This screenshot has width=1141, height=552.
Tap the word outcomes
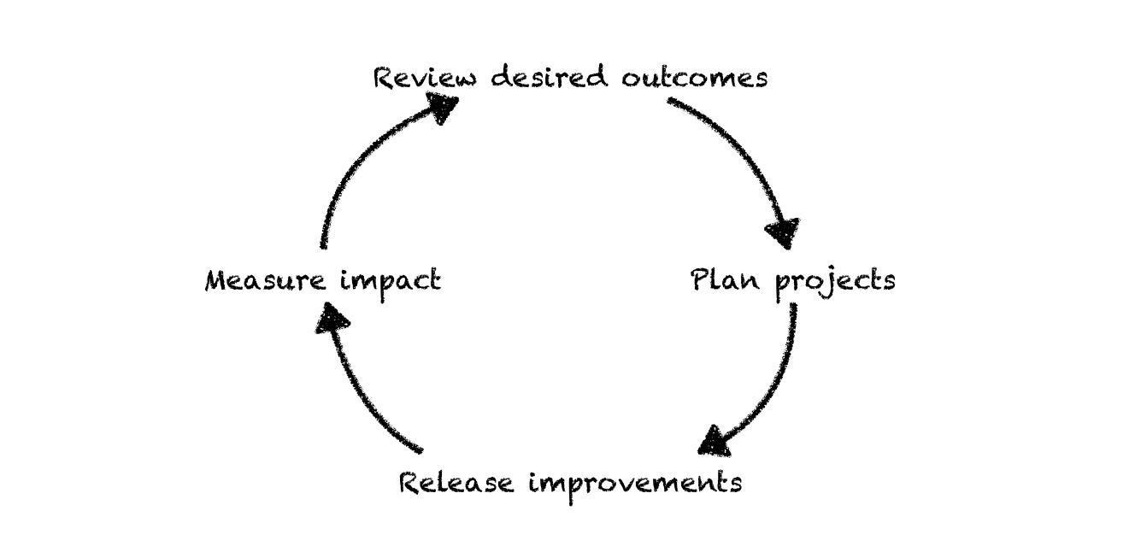coord(694,79)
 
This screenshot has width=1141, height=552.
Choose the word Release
coord(456,484)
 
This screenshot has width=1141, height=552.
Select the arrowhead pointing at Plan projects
coord(783,231)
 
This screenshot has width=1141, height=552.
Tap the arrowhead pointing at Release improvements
coord(715,442)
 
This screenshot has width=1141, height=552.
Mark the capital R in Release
coord(411,484)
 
